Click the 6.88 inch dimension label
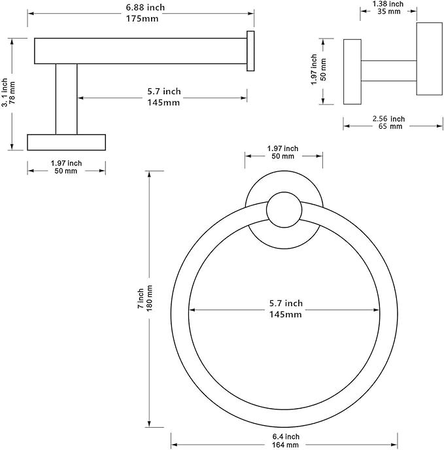145,7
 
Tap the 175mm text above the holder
142,19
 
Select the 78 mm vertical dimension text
12,93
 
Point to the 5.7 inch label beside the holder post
164,92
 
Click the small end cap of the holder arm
250,51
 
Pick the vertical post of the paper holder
66,99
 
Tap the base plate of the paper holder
66,142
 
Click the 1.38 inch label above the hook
388,4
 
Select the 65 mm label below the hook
390,126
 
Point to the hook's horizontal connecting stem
388,71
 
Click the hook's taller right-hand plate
430,59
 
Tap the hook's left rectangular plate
352,72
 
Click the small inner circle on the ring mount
284,210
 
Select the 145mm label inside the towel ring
285,315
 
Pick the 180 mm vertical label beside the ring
150,298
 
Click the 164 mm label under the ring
285,445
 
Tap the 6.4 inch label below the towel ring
286,437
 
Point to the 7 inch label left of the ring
141,298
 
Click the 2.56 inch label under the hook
388,118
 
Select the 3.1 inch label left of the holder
5,93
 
